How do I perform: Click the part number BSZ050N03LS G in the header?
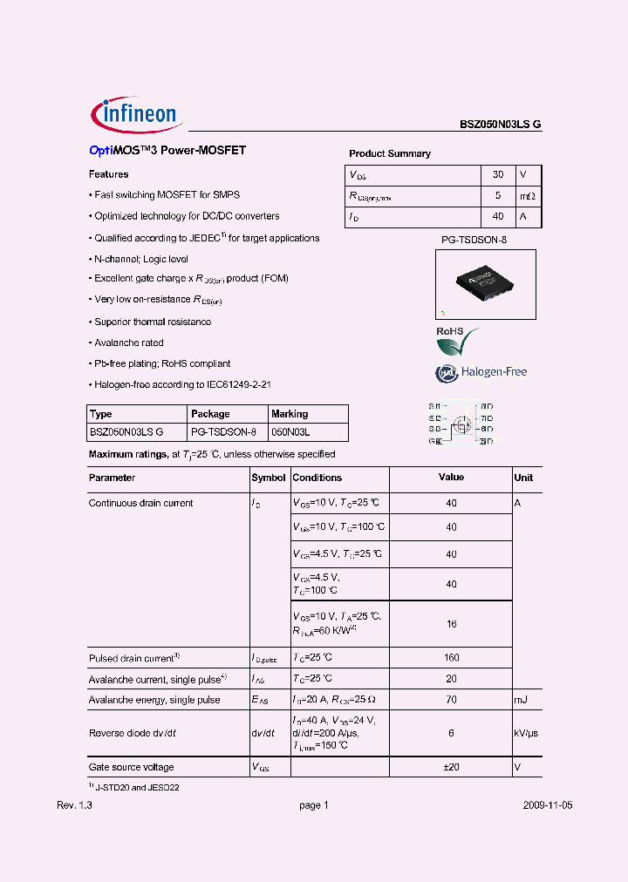(x=501, y=125)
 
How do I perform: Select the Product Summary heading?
(x=390, y=153)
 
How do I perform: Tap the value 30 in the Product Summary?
(x=498, y=174)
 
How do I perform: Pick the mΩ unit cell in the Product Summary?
(x=528, y=196)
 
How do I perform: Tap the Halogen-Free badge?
(x=481, y=372)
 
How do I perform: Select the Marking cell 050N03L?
(x=291, y=431)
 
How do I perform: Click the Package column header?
(x=210, y=414)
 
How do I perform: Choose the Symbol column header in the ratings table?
(x=269, y=478)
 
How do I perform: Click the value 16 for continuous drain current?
(x=451, y=624)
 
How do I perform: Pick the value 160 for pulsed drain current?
(x=451, y=658)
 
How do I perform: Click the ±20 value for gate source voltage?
(x=451, y=767)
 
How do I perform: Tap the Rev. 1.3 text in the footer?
(x=74, y=806)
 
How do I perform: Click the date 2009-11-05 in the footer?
(x=548, y=806)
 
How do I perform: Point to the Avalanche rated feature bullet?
(x=128, y=343)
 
